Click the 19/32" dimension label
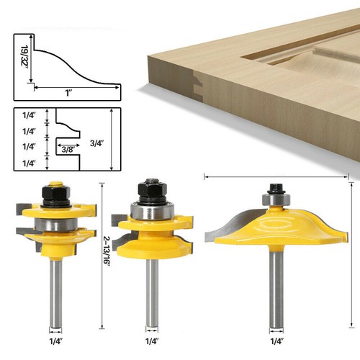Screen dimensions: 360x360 (x=24, y=57)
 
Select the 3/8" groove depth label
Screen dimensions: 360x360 (x=68, y=150)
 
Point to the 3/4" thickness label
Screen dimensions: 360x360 (x=96, y=143)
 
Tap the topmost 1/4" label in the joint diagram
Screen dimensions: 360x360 (x=29, y=115)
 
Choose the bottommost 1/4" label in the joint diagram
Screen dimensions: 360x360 (x=29, y=163)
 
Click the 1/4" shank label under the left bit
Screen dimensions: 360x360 (x=56, y=341)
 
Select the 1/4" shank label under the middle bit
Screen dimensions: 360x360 (x=152, y=341)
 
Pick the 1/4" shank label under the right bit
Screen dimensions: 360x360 (x=277, y=341)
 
